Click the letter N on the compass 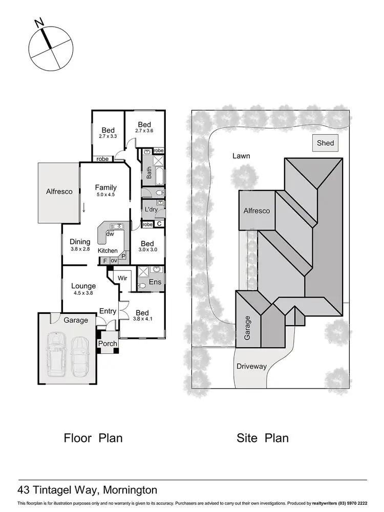point(38,24)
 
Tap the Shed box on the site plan point(326,144)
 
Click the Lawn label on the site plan point(241,156)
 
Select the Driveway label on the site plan point(251,367)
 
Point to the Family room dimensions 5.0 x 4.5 point(105,195)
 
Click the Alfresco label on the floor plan point(59,191)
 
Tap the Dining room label point(80,242)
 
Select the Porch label point(108,344)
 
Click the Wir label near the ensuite point(122,279)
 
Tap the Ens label point(155,282)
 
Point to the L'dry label point(151,210)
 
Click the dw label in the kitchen point(110,234)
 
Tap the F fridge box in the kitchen point(105,261)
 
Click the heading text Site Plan point(262,438)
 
